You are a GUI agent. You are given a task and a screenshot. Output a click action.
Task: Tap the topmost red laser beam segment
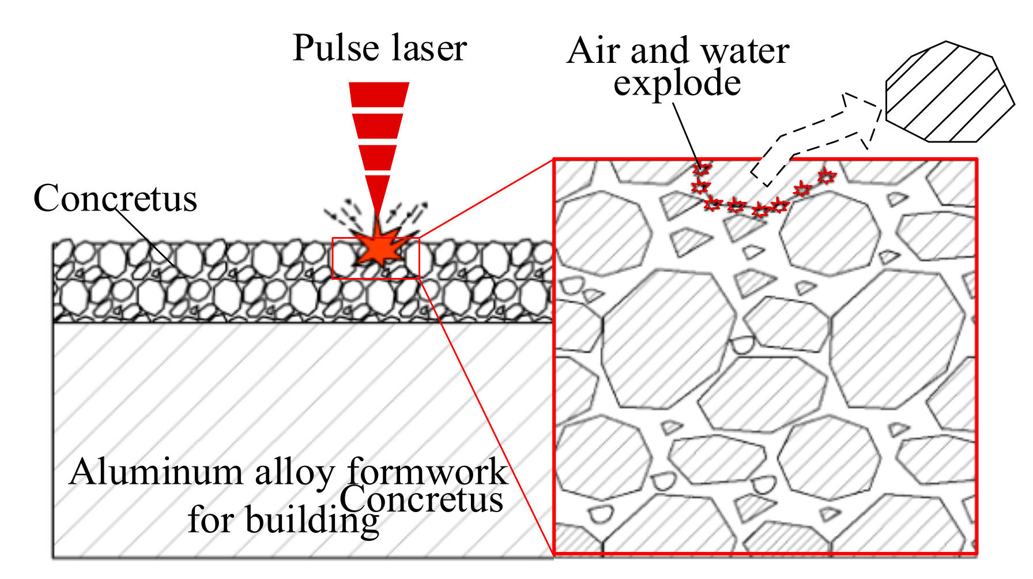tap(379, 95)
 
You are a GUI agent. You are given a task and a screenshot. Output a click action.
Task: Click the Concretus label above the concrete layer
tap(115, 198)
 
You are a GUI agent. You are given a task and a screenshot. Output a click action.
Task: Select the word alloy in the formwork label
tap(294, 473)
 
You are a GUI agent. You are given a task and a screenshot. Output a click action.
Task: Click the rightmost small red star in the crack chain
tap(826, 175)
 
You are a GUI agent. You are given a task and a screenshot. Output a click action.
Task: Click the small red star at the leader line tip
tap(702, 169)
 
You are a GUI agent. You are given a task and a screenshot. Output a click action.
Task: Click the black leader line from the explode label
tap(686, 133)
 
